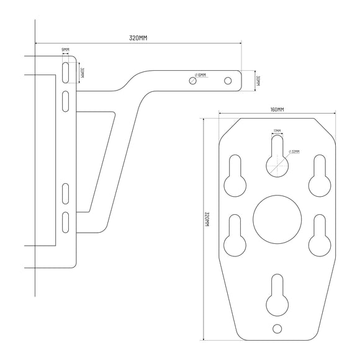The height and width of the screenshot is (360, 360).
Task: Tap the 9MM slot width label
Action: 65,50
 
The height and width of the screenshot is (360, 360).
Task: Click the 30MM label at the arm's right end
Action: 257,81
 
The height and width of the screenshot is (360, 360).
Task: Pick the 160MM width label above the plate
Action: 277,109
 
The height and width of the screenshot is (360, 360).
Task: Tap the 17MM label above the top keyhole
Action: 277,131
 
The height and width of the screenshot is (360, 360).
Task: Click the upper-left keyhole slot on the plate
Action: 235,176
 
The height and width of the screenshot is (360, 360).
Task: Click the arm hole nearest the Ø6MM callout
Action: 192,81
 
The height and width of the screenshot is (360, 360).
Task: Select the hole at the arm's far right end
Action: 228,81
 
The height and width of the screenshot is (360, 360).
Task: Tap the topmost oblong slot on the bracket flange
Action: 65,72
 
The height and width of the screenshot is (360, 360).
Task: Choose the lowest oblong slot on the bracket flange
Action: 65,222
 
